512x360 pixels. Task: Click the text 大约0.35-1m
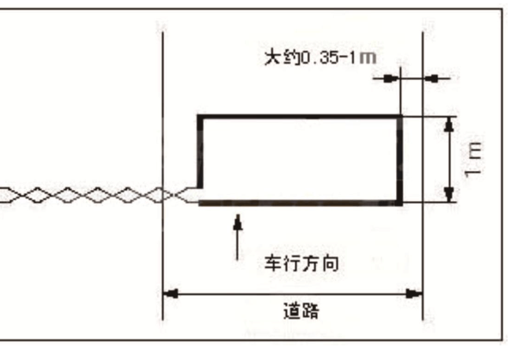[x=320, y=58]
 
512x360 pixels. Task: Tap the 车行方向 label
[x=302, y=263]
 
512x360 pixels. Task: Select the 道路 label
[x=301, y=311]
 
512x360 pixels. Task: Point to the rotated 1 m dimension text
[x=472, y=160]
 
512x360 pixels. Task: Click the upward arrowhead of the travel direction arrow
[x=238, y=223]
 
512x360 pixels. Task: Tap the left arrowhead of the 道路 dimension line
[x=170, y=294]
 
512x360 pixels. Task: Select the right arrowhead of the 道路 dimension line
[x=414, y=294]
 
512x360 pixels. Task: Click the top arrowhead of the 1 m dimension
[x=449, y=125]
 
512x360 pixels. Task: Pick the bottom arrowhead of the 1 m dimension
[x=449, y=194]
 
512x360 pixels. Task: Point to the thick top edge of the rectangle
[x=300, y=117]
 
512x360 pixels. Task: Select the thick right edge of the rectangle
[x=399, y=160]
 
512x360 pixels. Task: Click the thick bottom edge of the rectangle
[x=301, y=203]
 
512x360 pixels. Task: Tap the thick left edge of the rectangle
[x=200, y=152]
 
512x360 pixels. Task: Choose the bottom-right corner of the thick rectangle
[x=400, y=204]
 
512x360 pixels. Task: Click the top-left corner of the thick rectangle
[x=199, y=117]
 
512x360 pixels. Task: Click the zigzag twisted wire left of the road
[x=98, y=195]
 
